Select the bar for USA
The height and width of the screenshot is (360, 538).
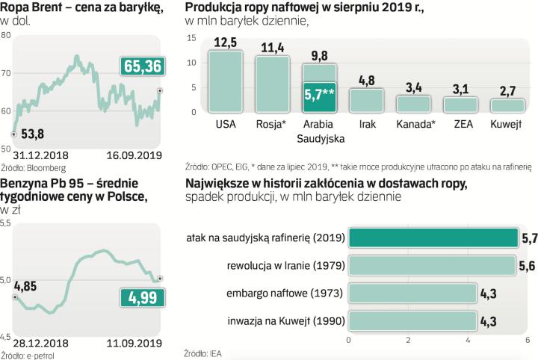(225, 81)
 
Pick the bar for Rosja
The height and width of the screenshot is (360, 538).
(273, 84)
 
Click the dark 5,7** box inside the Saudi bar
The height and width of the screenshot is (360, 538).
(320, 96)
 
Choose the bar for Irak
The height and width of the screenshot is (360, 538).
(366, 100)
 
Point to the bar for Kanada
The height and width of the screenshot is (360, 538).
(413, 103)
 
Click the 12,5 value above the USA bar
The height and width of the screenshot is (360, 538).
(225, 42)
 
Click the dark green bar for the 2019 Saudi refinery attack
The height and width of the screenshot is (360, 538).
(433, 238)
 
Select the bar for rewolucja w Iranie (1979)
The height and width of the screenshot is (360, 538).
(432, 266)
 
